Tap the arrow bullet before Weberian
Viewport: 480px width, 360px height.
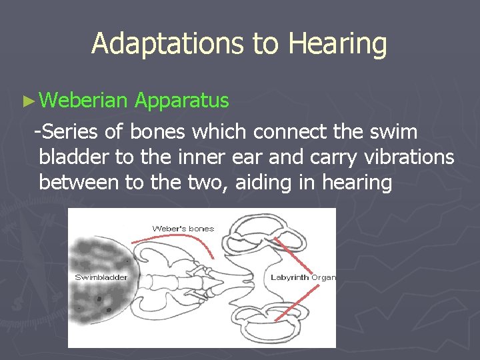click(27, 102)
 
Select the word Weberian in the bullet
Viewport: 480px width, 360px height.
click(83, 101)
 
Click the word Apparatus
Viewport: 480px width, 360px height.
click(181, 101)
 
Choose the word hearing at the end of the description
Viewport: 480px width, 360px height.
click(357, 183)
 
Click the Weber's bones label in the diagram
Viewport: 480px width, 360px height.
click(183, 229)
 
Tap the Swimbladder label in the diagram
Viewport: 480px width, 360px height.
click(101, 277)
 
